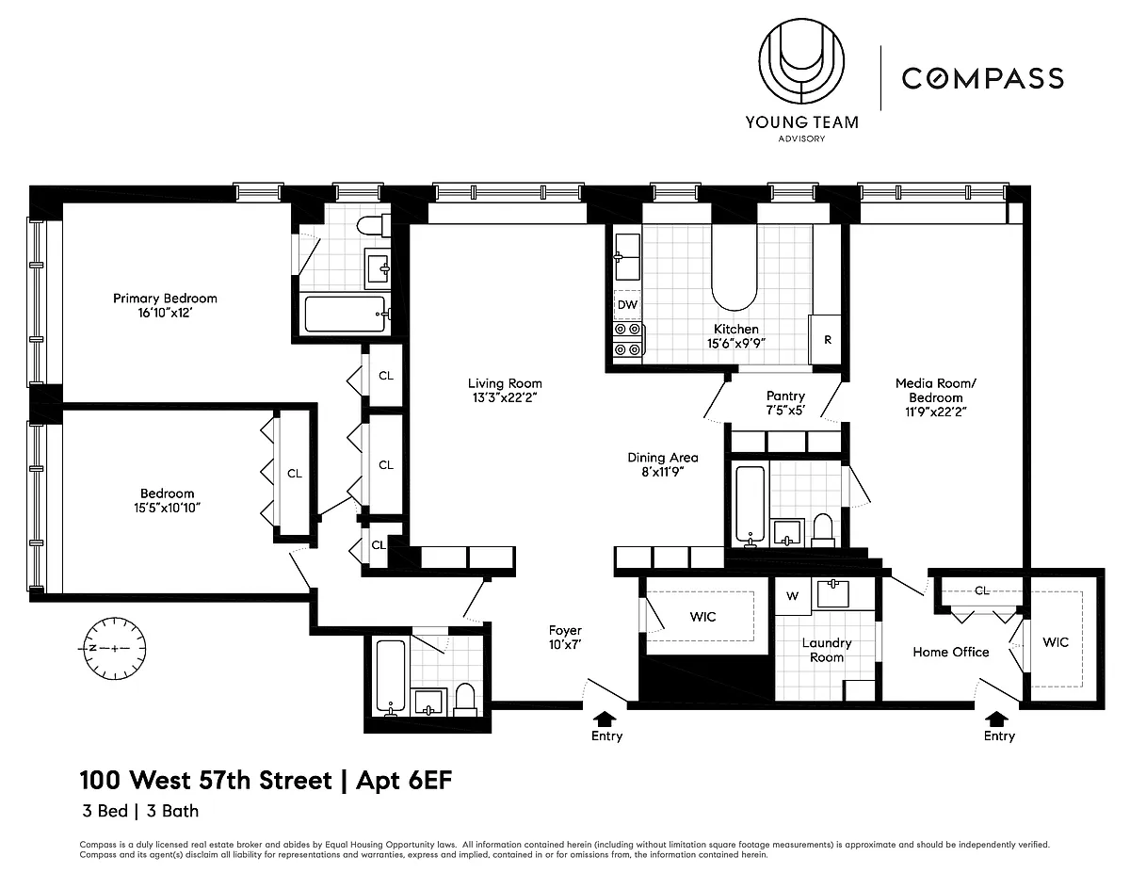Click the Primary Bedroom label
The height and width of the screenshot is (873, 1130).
165,299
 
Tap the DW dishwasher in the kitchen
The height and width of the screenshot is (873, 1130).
627,305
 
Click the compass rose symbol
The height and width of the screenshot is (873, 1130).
114,648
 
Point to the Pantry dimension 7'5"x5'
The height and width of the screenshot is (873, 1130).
785,411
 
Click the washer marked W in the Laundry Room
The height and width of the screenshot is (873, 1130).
793,596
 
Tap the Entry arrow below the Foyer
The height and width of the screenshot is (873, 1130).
605,719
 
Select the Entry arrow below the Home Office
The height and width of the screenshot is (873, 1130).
996,719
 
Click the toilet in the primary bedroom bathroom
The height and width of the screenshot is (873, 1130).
373,225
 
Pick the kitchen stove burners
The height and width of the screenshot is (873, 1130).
628,339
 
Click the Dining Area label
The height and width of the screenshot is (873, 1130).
663,458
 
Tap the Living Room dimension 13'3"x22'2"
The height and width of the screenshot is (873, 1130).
505,397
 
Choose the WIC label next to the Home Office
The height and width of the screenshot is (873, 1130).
1055,642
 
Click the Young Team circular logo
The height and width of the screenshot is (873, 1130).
801,62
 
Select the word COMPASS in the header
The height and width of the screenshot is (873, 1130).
982,78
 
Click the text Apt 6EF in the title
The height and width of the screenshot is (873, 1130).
404,781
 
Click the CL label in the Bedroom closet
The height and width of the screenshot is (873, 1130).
295,474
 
